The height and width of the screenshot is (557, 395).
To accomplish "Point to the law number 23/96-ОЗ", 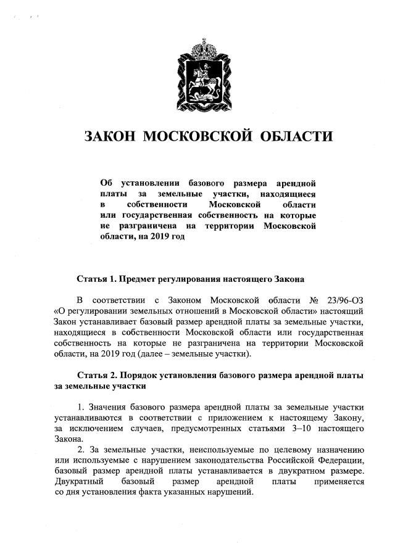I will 343,300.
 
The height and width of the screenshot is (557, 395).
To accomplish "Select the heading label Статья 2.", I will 97,376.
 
